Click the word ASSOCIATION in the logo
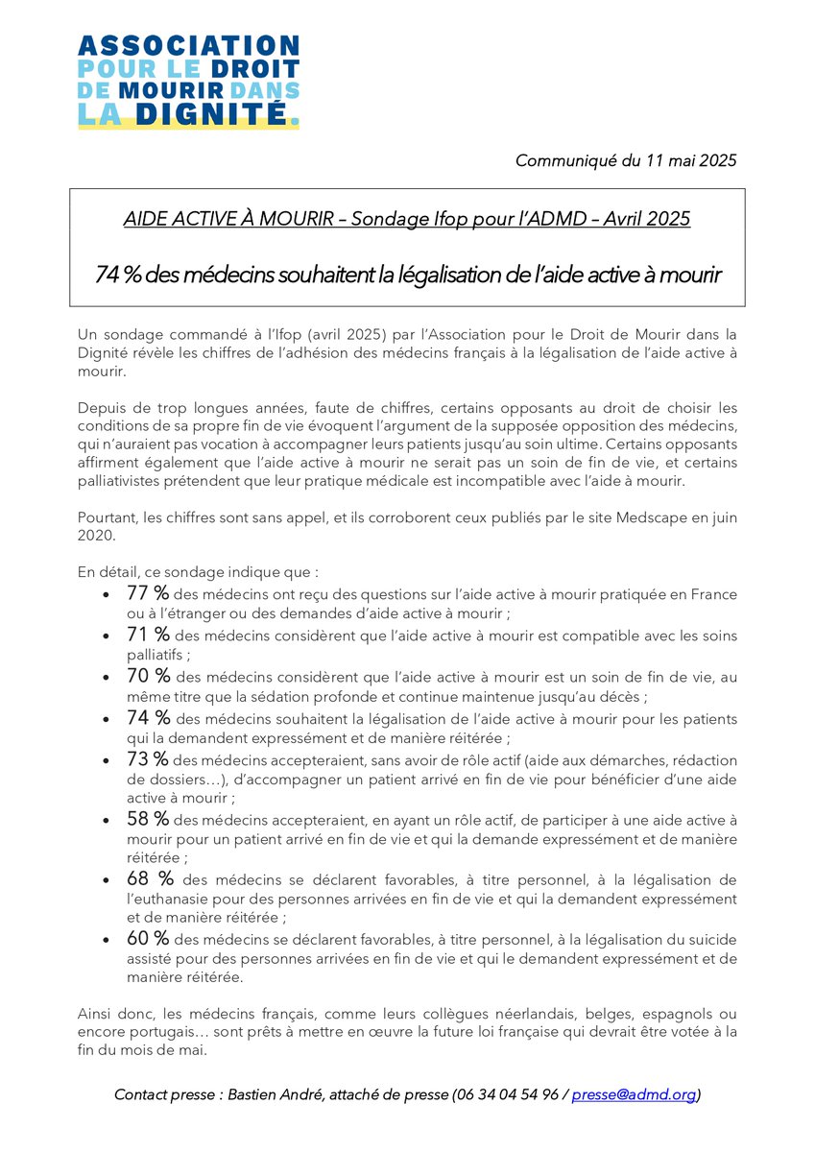click(x=189, y=45)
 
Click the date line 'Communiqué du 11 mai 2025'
click(x=626, y=160)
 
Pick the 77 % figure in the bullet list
click(x=148, y=593)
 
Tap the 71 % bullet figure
click(x=148, y=635)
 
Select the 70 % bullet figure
click(x=148, y=676)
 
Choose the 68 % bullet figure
click(x=150, y=879)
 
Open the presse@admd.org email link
click(x=634, y=1094)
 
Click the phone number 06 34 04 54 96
click(x=507, y=1094)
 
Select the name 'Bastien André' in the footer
click(x=273, y=1094)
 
